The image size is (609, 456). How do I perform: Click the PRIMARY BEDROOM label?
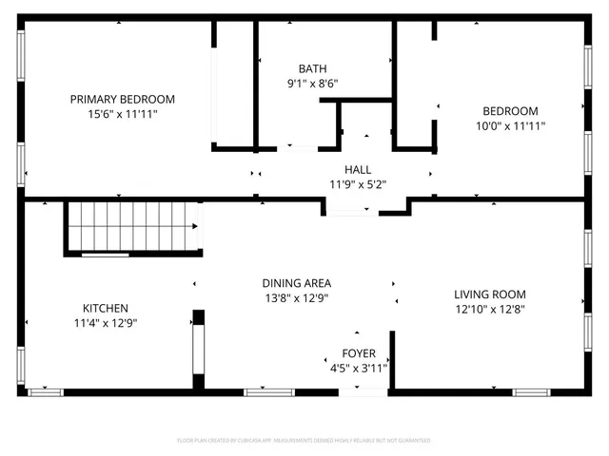coord(122,99)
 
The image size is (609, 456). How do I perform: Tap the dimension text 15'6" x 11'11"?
coord(122,113)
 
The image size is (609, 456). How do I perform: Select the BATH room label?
coord(312,68)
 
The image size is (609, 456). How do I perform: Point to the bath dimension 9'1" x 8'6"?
coord(312,83)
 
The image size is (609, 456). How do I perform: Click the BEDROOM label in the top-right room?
coord(510,110)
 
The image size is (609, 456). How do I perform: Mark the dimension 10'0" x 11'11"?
coord(510,124)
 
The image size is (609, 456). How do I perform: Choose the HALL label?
coord(358,169)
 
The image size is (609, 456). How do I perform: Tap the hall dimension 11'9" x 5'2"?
coord(358,184)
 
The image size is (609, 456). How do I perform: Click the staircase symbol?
coord(133,229)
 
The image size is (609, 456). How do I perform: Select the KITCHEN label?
coord(105,308)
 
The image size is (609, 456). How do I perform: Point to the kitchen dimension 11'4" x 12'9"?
coord(105,322)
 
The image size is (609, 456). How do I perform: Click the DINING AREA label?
coord(297,283)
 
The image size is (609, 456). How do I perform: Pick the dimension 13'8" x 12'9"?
coord(297,297)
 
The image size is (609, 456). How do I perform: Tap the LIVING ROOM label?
coord(489,294)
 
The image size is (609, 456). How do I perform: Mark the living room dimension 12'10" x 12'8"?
coord(489,309)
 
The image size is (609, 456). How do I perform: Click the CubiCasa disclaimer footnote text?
coord(304,441)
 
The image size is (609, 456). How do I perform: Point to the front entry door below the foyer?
coord(363,390)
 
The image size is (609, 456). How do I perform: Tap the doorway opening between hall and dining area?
coord(351,208)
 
